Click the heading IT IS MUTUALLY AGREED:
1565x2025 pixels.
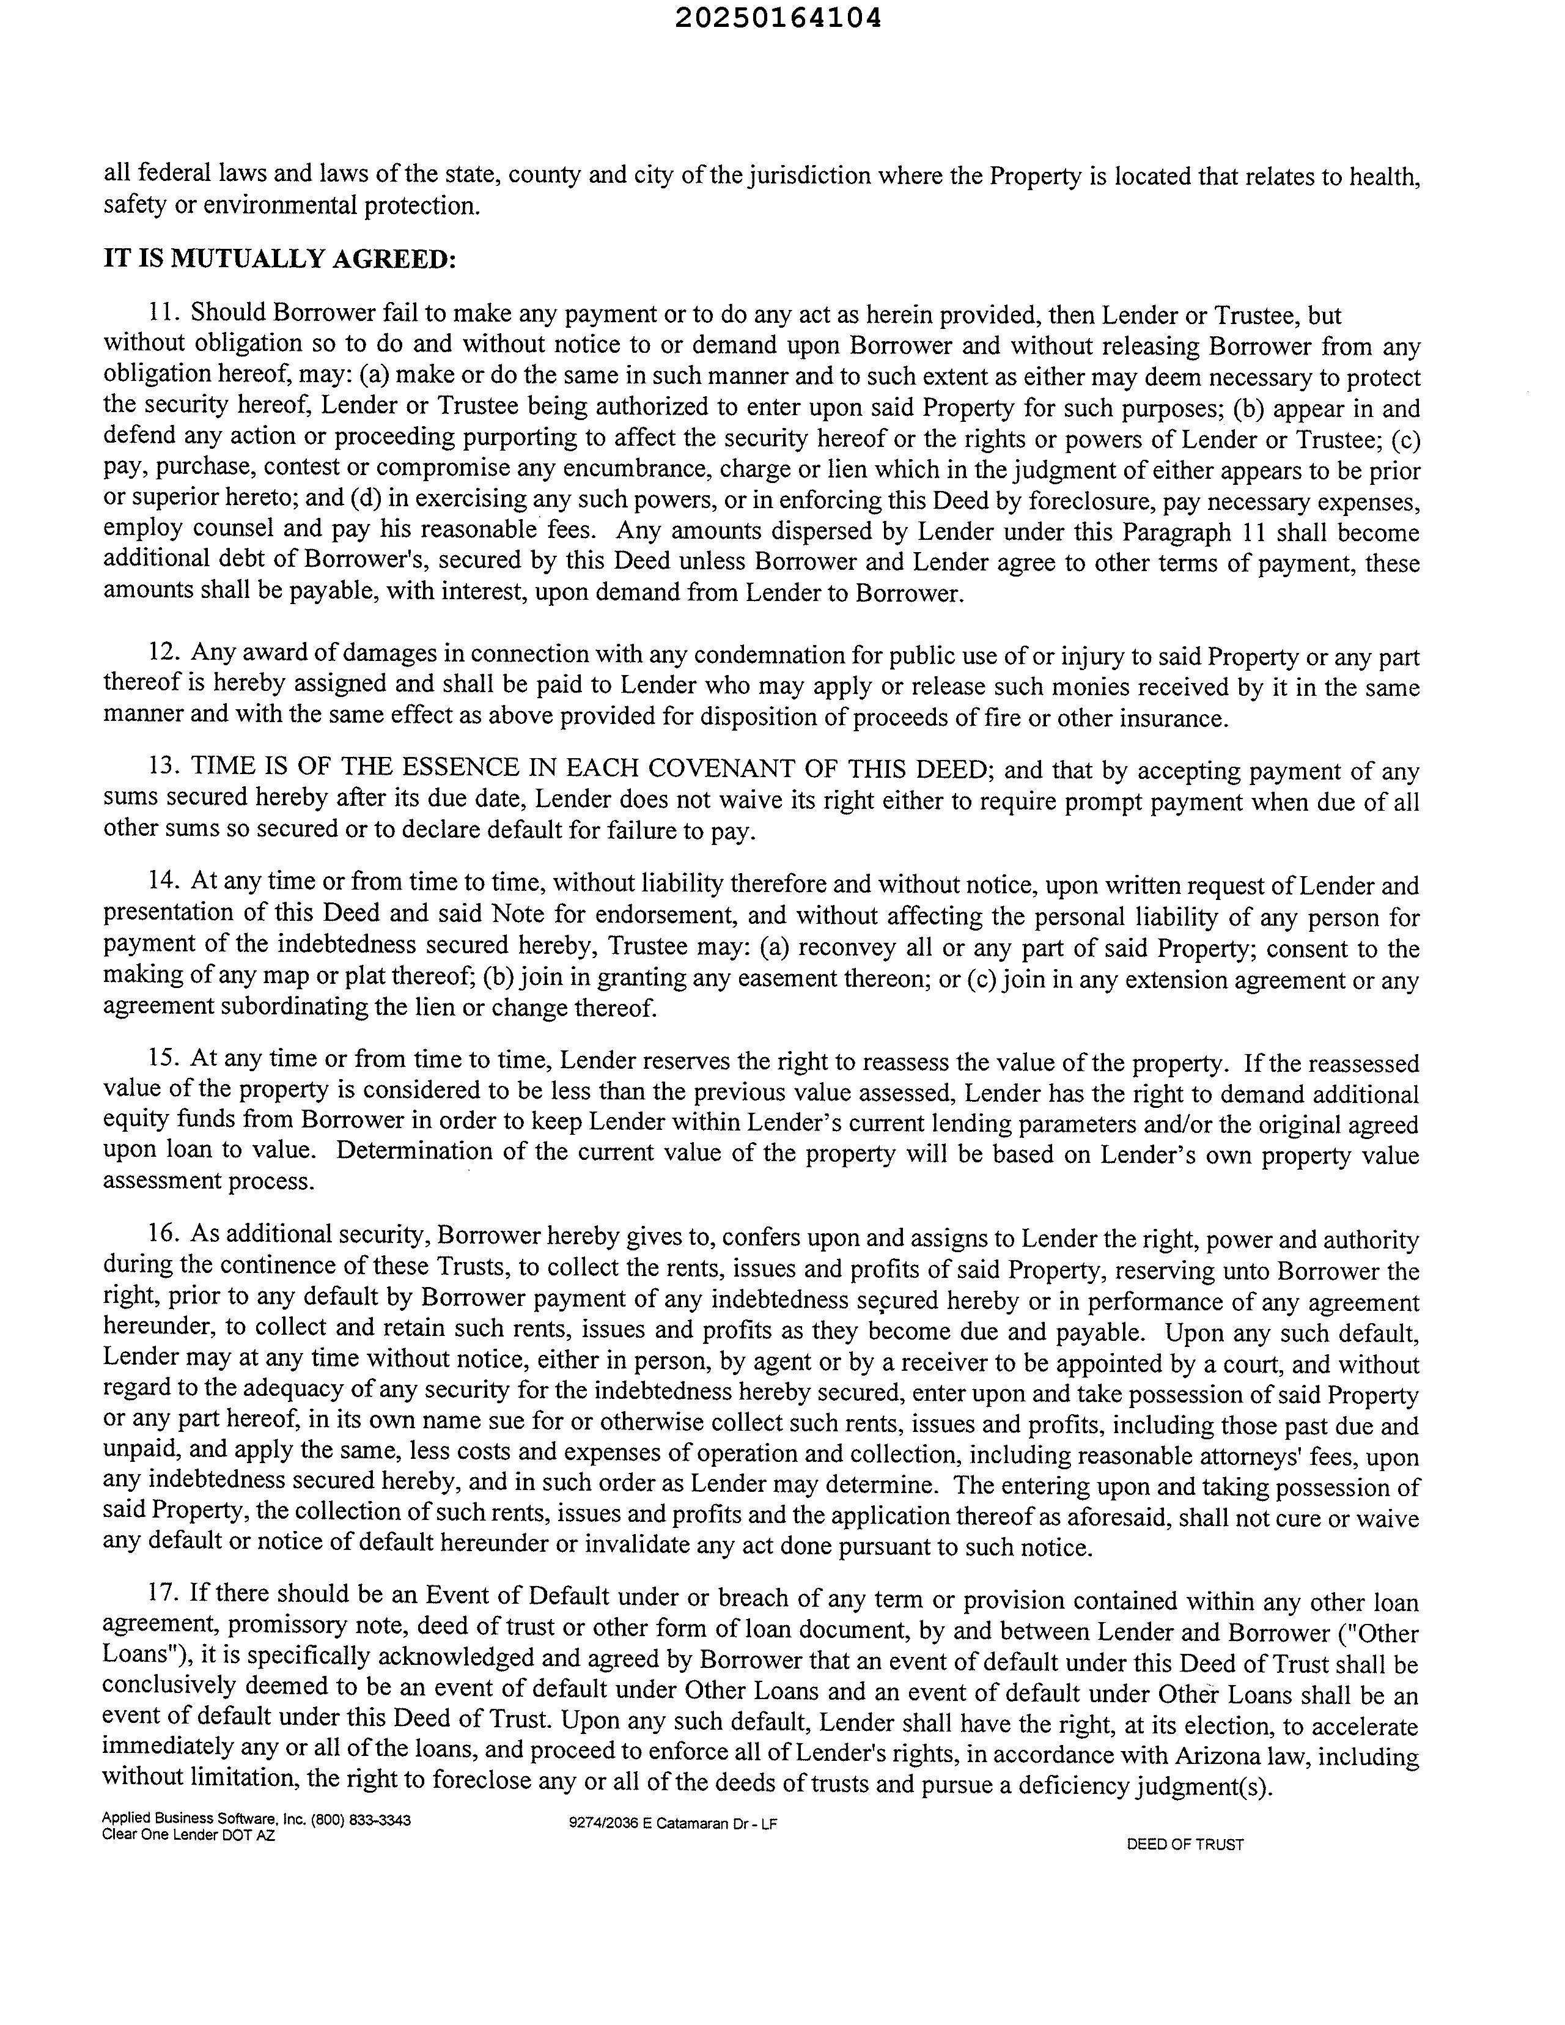[280, 259]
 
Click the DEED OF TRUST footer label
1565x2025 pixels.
[1185, 1844]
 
